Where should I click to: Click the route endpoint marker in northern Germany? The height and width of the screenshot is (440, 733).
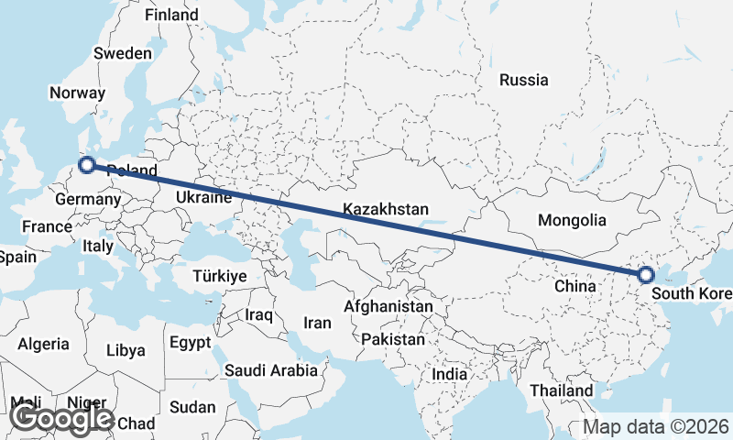pos(87,165)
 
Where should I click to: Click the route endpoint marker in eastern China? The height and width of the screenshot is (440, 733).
pos(646,274)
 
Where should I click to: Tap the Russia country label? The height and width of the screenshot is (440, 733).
pos(523,80)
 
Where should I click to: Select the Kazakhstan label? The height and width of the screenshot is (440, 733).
pos(386,210)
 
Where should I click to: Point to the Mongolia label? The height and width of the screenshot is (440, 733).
pos(573,220)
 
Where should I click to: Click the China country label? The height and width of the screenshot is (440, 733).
pos(575,286)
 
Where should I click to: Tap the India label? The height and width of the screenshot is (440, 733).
pos(450,374)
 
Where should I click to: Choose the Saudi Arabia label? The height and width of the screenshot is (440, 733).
pos(271,370)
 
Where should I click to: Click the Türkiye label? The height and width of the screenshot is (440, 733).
pos(221,276)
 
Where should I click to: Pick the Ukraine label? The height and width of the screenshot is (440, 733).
pos(202,197)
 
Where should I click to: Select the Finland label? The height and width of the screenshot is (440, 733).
pos(171,16)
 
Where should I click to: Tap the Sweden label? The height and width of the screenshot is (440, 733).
pos(123,53)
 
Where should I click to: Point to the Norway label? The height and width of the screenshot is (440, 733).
pos(78,93)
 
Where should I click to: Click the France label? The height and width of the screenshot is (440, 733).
pos(48,226)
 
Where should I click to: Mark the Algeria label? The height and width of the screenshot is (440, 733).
pos(43,344)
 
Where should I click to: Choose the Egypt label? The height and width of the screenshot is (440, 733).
pos(191,343)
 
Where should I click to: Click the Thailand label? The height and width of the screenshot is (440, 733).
pos(561,390)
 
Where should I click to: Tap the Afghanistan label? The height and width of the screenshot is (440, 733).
pos(388,306)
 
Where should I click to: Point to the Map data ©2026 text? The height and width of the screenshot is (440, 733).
pos(656,426)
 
